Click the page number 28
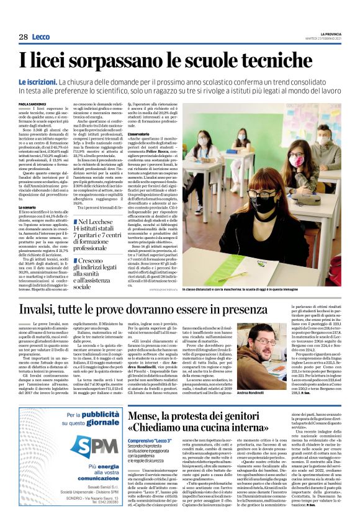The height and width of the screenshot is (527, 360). click(23, 37)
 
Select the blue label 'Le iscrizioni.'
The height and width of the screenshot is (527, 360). click(37, 82)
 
